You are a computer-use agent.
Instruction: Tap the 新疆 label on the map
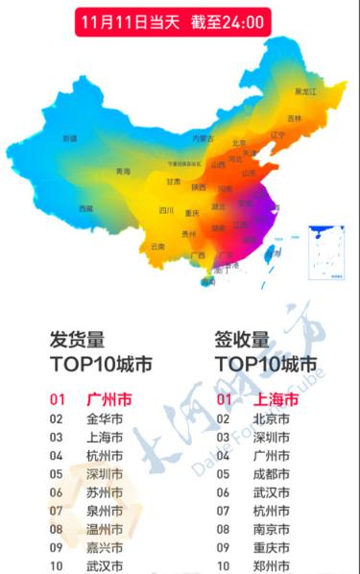[x=70, y=138]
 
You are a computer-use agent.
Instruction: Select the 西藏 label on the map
[x=86, y=208]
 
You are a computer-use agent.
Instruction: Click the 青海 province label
[x=123, y=171]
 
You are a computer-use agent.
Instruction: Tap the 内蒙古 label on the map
[x=203, y=138]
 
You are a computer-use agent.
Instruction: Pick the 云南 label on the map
[x=158, y=247]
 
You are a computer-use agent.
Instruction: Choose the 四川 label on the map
[x=166, y=211]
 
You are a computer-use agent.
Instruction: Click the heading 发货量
[x=78, y=339]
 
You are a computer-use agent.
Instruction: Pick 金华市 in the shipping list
[x=105, y=419]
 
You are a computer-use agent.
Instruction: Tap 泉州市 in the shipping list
[x=105, y=511]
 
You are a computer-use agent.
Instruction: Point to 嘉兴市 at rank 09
[x=105, y=548]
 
